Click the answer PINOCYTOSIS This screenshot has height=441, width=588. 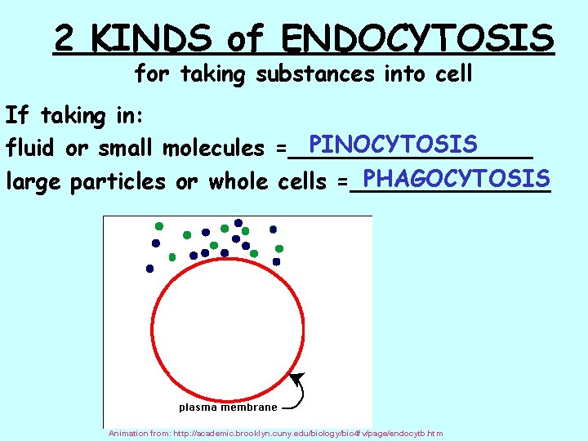tap(394, 145)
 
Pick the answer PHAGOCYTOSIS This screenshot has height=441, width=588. tap(456, 177)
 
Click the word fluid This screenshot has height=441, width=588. tap(30, 149)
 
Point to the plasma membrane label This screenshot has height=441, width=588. tap(228, 407)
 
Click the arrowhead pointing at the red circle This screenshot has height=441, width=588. tap(296, 378)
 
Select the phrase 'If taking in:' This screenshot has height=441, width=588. tap(75, 116)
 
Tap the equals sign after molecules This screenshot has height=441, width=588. tap(281, 149)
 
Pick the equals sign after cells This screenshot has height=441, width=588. tap(342, 182)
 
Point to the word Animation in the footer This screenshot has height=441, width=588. tap(128, 434)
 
